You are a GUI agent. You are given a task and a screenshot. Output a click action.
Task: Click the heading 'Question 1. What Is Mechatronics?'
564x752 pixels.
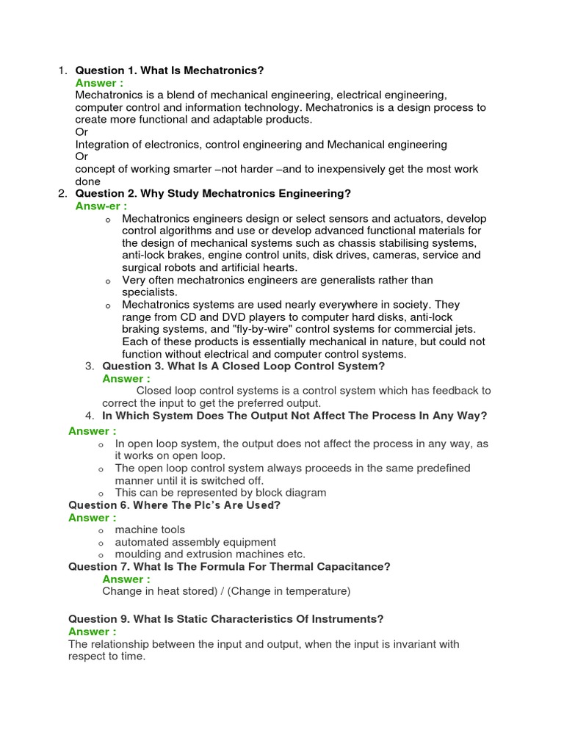[x=169, y=70]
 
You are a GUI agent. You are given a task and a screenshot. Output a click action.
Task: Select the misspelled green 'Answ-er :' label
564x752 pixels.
[x=101, y=206]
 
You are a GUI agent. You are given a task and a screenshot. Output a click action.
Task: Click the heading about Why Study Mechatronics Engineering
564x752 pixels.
[x=213, y=194]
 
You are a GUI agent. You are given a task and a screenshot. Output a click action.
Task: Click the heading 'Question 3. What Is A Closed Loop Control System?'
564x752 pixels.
[x=243, y=366]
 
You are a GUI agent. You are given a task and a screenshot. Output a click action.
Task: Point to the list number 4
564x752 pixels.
[x=90, y=416]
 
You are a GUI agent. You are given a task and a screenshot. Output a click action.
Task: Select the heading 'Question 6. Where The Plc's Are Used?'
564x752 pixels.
[x=174, y=505]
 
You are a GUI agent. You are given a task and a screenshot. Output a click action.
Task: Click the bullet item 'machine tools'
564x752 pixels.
[x=150, y=529]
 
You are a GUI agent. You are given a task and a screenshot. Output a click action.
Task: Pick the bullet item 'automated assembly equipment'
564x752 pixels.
[x=195, y=542]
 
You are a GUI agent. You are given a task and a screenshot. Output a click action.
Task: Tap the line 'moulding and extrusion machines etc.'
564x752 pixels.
[x=210, y=554]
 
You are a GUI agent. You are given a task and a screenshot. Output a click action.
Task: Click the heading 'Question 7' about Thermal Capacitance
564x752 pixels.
[x=229, y=566]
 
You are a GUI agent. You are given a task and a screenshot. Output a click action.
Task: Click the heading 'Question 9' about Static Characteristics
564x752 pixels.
[x=225, y=619]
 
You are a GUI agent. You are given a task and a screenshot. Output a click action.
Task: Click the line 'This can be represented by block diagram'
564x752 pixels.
[x=220, y=493]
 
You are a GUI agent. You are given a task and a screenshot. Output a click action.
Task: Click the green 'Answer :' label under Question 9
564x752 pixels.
[x=92, y=632]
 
